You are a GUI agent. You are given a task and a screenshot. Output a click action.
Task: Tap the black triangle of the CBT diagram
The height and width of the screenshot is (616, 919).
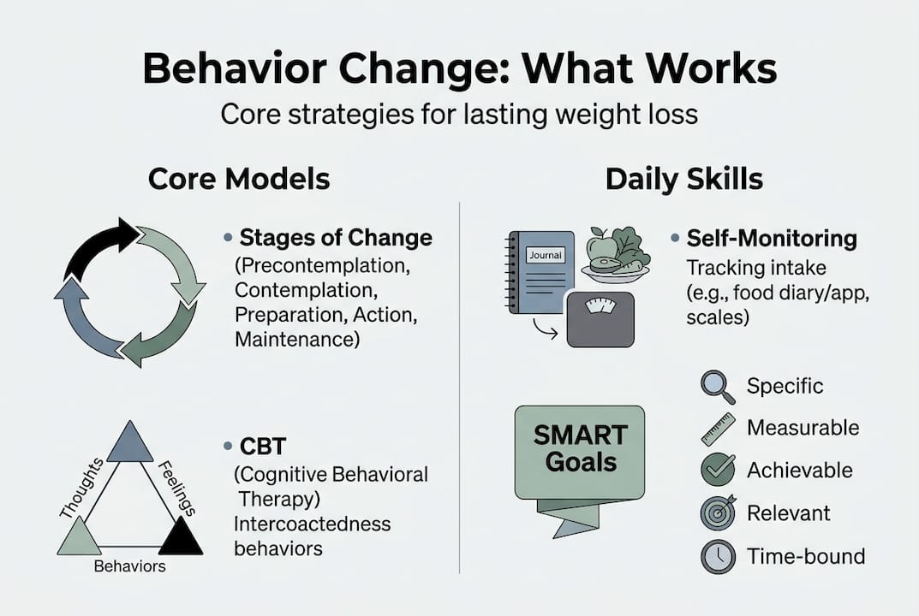click(181, 539)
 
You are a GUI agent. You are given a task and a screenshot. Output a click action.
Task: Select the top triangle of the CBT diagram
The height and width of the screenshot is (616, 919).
click(129, 442)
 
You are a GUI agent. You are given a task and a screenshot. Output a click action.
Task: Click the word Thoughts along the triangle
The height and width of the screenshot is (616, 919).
click(82, 488)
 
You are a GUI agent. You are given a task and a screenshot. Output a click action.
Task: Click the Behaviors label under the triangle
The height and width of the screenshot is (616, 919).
click(129, 566)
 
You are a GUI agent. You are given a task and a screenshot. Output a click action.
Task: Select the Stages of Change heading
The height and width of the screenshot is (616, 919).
click(336, 237)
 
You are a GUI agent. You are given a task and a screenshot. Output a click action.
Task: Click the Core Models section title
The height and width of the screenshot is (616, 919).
click(239, 179)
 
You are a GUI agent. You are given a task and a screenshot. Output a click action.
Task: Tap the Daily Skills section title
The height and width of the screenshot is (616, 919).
click(684, 179)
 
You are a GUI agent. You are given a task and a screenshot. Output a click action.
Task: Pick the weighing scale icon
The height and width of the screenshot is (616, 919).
click(600, 317)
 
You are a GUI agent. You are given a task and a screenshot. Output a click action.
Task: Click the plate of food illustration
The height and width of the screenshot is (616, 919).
click(615, 256)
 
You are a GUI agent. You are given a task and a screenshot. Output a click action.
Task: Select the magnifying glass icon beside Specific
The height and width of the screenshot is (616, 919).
click(717, 387)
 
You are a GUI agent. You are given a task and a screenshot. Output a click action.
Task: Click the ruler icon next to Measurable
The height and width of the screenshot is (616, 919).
click(718, 429)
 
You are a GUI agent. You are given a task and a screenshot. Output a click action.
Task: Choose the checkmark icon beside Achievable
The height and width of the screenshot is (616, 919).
click(717, 470)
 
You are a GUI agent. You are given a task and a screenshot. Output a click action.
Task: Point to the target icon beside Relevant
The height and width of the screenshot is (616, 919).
click(717, 513)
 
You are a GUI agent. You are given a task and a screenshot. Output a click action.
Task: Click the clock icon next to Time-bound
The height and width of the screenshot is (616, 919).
click(717, 556)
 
